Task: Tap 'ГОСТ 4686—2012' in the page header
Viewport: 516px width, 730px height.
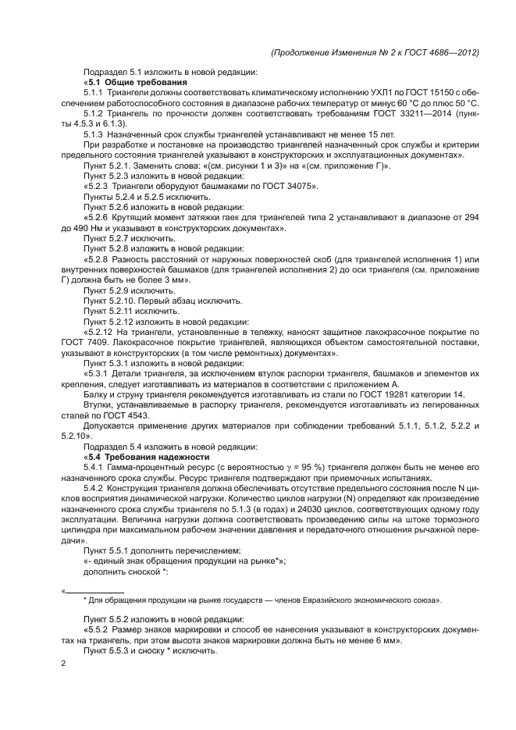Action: pos(440,52)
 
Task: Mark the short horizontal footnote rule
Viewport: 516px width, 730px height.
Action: pos(94,592)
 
